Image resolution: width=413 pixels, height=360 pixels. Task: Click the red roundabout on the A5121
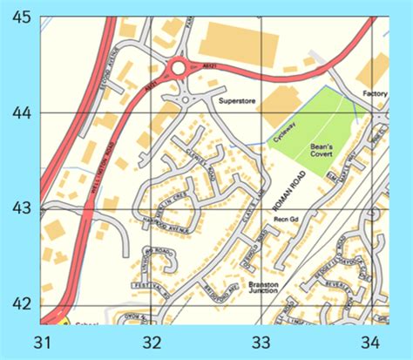pos(179,67)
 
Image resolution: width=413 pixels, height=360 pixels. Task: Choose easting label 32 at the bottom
pos(152,341)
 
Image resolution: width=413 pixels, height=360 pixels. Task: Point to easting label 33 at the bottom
pos(261,341)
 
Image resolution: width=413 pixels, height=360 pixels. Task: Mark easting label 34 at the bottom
pos(371,341)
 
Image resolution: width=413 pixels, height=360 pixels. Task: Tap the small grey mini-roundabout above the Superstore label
pos(184,100)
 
